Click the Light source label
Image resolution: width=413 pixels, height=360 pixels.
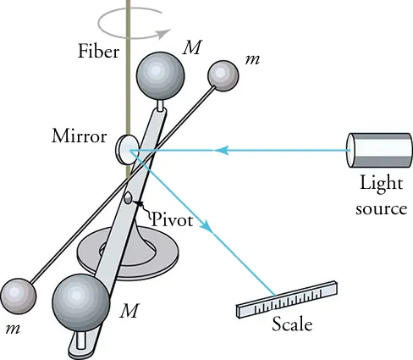[383, 196]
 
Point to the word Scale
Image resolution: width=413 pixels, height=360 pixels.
[291, 324]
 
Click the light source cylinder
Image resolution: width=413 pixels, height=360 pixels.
[377, 151]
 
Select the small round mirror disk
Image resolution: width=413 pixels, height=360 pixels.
[127, 150]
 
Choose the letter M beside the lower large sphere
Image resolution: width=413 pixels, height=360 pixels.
[129, 311]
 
